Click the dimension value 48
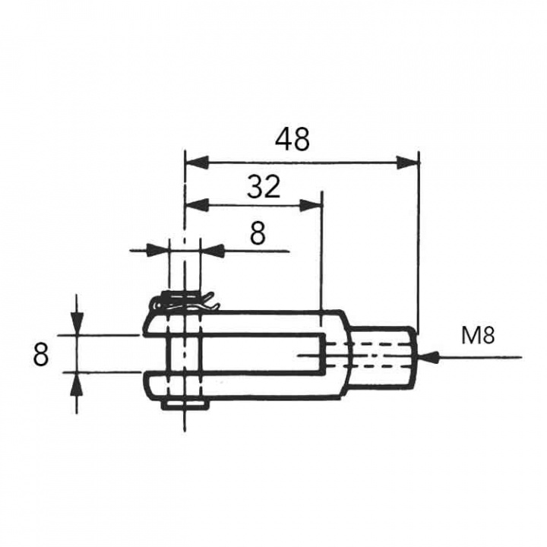[292, 140]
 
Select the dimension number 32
[264, 185]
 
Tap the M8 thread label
[477, 336]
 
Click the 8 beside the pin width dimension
[258, 234]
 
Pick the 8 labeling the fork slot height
[43, 354]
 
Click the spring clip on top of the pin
[185, 302]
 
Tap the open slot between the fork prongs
[251, 353]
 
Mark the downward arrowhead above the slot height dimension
[77, 324]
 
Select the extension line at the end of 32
[322, 251]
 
